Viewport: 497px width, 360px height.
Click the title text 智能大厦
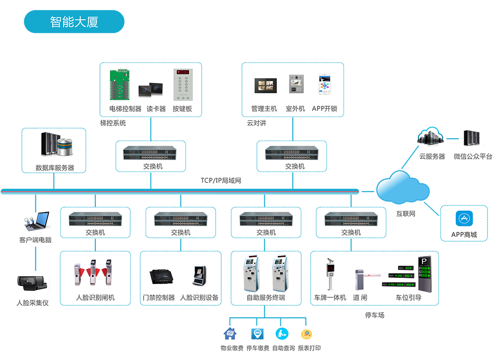click(x=74, y=22)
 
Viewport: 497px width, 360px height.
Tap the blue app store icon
click(x=465, y=219)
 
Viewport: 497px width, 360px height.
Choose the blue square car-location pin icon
click(x=256, y=332)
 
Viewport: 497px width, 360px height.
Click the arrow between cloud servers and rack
click(x=452, y=138)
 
